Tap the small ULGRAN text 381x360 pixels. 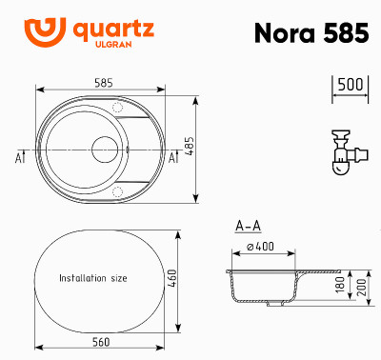point(108,45)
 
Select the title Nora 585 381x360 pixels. point(311,33)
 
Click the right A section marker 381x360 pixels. point(173,157)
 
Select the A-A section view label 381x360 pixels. point(248,227)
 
